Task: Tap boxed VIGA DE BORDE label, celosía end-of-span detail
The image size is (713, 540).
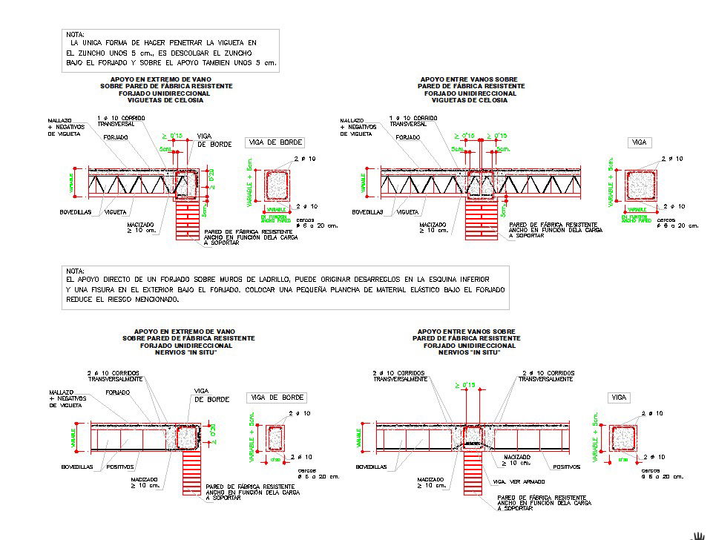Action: coord(275,142)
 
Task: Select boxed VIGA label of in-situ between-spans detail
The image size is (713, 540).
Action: coord(619,398)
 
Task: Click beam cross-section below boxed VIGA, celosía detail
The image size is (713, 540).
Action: coord(640,185)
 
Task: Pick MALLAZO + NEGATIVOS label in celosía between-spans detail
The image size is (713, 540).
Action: coord(356,127)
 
